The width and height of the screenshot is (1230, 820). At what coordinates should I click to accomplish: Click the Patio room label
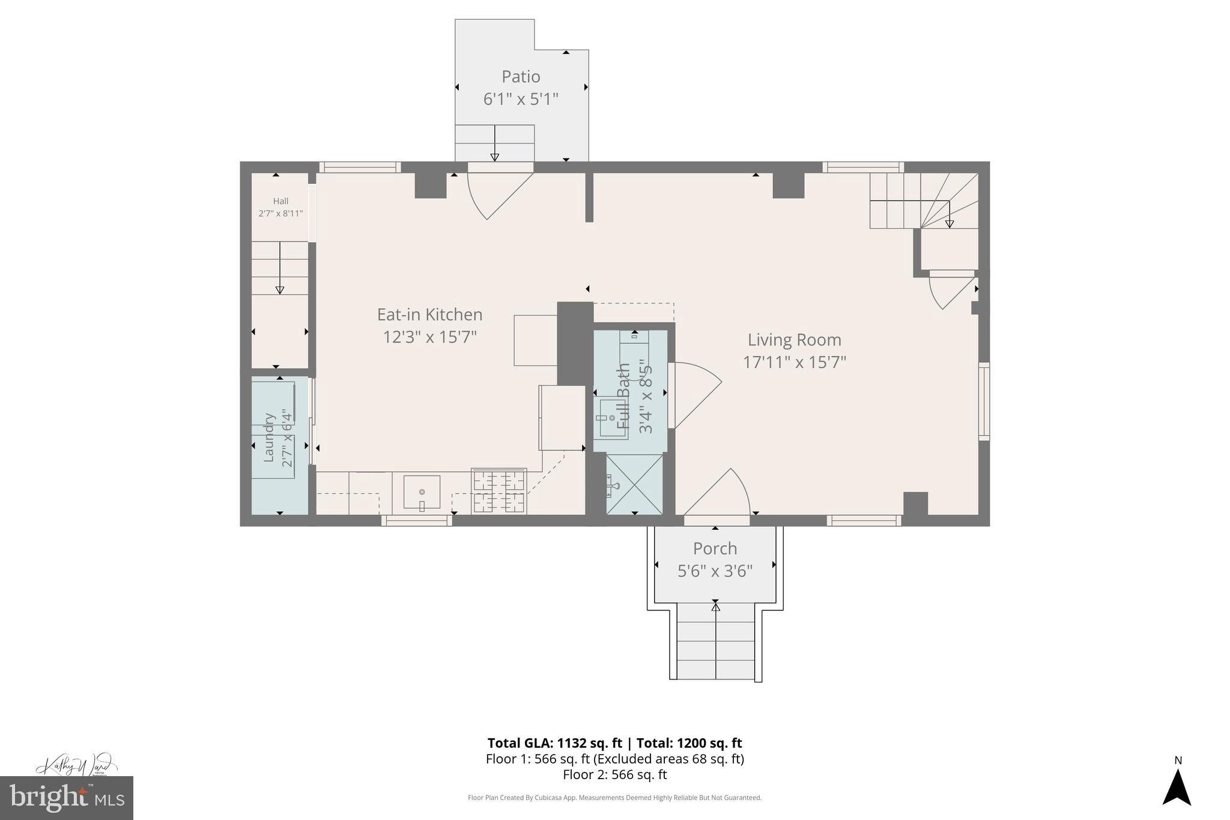[521, 77]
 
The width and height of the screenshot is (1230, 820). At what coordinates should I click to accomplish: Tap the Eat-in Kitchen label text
[429, 315]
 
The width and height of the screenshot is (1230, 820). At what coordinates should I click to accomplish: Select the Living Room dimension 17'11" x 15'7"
[794, 362]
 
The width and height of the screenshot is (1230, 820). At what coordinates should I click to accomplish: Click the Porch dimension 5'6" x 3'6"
[715, 571]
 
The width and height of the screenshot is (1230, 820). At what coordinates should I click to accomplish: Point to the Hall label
[280, 201]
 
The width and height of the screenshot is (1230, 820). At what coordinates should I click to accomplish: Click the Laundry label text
[268, 437]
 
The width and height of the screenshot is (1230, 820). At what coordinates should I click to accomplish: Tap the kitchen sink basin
[422, 492]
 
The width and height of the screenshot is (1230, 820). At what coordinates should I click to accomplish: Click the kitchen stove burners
[498, 491]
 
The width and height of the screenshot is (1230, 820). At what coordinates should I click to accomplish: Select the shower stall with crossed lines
[634, 485]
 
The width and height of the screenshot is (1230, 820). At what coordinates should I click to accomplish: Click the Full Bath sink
[611, 418]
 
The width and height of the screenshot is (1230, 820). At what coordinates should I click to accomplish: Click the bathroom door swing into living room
[697, 393]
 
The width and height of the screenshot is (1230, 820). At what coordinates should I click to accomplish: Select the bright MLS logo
[67, 798]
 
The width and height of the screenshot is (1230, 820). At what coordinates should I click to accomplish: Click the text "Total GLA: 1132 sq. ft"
[554, 743]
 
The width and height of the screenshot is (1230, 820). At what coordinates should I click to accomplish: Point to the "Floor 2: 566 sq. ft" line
[614, 775]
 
